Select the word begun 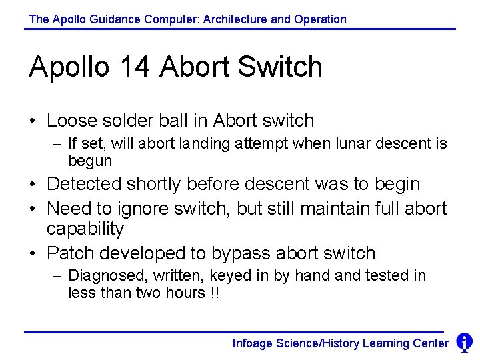click(90, 161)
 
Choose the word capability click(85, 229)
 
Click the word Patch click(67, 253)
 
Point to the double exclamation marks click(215, 293)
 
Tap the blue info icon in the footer click(464, 343)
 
